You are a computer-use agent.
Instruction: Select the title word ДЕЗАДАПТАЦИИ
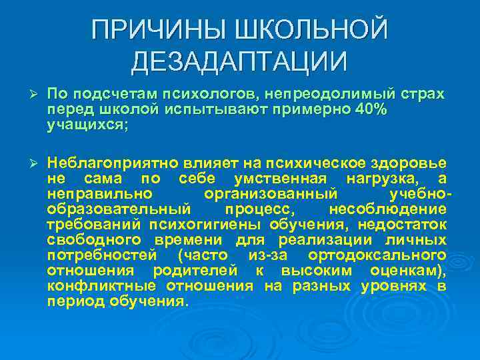239,62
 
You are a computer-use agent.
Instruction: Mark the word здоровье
417,164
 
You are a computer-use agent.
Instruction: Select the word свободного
94,239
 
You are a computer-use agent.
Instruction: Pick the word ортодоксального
377,255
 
